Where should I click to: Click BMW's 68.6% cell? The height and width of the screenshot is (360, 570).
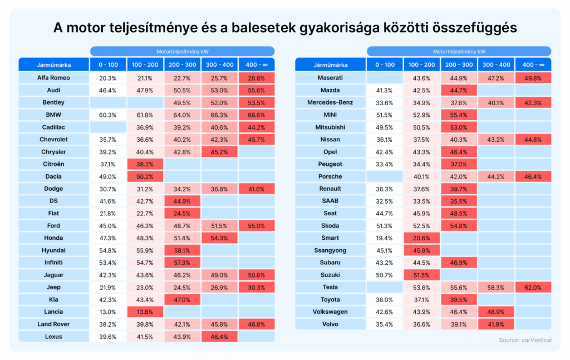tap(256, 115)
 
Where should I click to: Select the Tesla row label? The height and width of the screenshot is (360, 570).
tap(330, 287)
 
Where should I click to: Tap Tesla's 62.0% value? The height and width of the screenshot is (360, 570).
tap(533, 287)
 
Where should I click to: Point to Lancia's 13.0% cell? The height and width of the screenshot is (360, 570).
tap(107, 312)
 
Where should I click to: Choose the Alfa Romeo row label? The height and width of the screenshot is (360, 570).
tap(53, 78)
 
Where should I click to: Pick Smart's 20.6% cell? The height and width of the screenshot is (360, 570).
tap(422, 238)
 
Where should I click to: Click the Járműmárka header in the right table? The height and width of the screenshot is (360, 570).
tap(330, 65)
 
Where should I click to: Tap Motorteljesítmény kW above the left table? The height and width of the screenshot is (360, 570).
tap(182, 51)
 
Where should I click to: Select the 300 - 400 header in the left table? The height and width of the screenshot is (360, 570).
tap(219, 65)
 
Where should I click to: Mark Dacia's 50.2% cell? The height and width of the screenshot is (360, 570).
tap(145, 176)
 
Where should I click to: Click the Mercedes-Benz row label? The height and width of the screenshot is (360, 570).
tap(330, 102)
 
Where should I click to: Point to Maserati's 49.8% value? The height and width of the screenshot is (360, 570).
tap(533, 78)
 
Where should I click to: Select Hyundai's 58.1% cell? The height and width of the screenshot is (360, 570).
tap(182, 250)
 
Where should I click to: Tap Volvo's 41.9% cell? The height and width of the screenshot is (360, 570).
tap(496, 324)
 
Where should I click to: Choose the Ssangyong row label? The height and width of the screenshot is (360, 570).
tap(330, 250)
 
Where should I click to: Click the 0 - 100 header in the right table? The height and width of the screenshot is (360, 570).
tap(385, 65)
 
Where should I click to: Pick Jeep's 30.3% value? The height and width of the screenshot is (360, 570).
tap(256, 287)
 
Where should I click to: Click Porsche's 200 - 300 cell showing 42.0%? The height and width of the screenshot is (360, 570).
tap(459, 176)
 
